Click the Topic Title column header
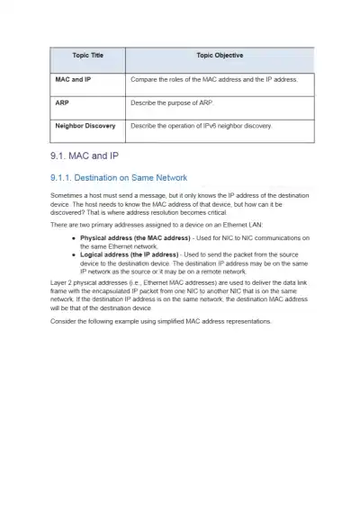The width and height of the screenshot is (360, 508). pyautogui.click(x=87, y=56)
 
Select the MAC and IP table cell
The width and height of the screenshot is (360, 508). pyautogui.click(x=73, y=79)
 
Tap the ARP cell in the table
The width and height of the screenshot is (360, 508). pyautogui.click(x=63, y=102)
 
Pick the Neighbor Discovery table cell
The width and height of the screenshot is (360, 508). pyautogui.click(x=85, y=126)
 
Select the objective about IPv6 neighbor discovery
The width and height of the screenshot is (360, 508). pyautogui.click(x=201, y=126)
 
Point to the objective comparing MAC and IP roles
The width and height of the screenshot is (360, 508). pyautogui.click(x=213, y=79)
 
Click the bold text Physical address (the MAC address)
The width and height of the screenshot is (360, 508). pyautogui.click(x=135, y=237)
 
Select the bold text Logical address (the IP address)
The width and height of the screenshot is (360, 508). pyautogui.click(x=129, y=254)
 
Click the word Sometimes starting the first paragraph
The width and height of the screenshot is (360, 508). pyautogui.click(x=67, y=195)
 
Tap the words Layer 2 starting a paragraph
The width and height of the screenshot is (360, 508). pyautogui.click(x=62, y=281)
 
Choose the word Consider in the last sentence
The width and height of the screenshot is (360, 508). pyautogui.click(x=65, y=320)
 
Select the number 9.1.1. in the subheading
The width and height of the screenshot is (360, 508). pyautogui.click(x=67, y=178)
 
